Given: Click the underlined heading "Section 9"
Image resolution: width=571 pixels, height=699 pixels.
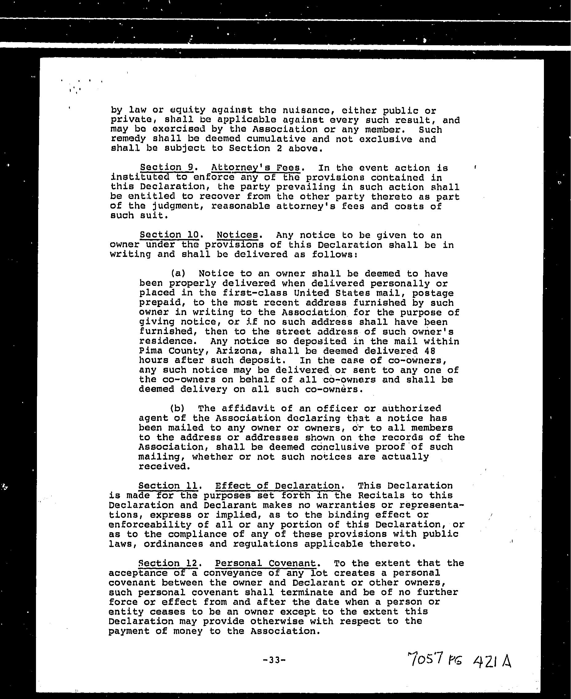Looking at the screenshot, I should coord(166,167).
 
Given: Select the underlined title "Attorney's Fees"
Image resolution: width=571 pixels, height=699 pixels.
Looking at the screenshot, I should coord(255,168).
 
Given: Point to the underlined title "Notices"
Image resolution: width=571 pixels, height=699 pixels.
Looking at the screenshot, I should coord(237,235).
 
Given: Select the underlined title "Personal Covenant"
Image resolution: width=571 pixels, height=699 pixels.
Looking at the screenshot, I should coord(265,563).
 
